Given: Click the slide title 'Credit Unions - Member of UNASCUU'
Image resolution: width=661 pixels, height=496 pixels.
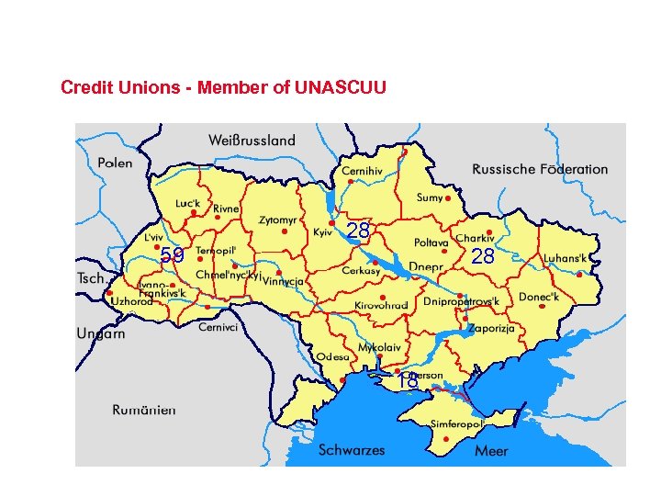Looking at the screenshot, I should (x=223, y=88).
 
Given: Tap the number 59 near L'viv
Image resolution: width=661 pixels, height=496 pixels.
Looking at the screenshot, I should (x=172, y=255).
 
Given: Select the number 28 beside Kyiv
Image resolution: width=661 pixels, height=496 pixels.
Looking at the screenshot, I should (x=358, y=231).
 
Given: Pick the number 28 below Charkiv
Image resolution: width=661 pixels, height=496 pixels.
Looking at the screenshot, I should (x=483, y=256).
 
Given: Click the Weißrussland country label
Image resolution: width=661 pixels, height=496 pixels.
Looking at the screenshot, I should (x=252, y=141).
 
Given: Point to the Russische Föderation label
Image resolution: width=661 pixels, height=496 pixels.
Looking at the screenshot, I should (x=540, y=169).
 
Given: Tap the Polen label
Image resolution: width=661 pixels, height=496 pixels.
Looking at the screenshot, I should (x=115, y=163).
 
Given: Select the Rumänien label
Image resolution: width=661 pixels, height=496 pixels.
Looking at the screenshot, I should (x=145, y=410).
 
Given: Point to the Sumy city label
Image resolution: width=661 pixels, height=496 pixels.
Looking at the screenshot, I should (x=430, y=197).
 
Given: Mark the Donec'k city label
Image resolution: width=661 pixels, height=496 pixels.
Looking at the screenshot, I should (x=538, y=297).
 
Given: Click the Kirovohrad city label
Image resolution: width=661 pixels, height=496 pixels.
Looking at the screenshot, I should (x=381, y=305).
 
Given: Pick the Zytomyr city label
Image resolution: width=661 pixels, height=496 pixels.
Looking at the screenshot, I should (x=277, y=220).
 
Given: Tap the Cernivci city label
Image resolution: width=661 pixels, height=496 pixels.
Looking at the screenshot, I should (x=218, y=327).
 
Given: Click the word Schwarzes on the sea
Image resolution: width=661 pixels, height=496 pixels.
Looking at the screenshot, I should (x=352, y=450).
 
